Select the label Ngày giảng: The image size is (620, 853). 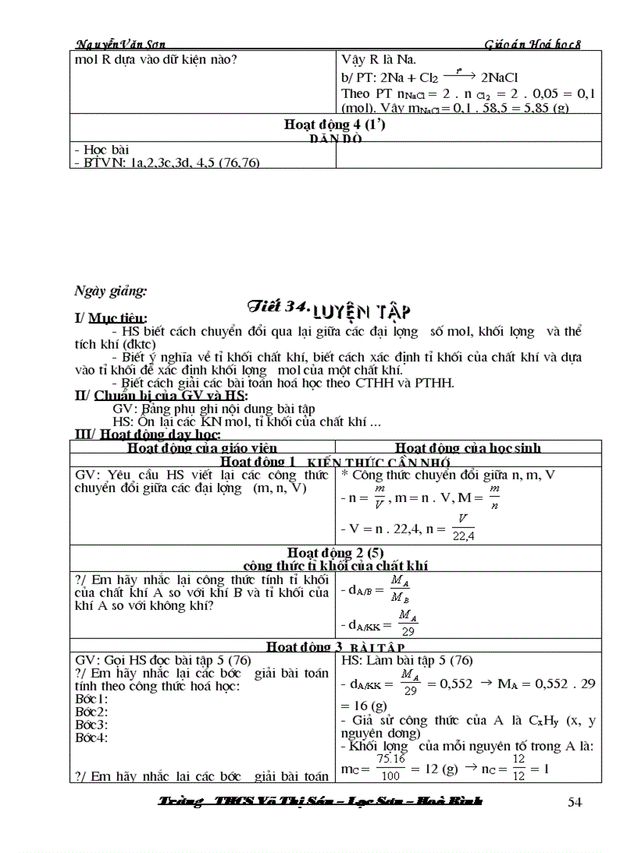(111, 290)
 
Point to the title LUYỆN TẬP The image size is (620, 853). (364, 311)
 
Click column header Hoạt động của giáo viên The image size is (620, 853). (201, 447)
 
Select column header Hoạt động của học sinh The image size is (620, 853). (468, 447)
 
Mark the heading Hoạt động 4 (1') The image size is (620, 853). (335, 125)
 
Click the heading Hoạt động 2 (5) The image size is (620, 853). (335, 552)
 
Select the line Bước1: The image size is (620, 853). (91, 698)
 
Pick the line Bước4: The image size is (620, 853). (91, 737)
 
